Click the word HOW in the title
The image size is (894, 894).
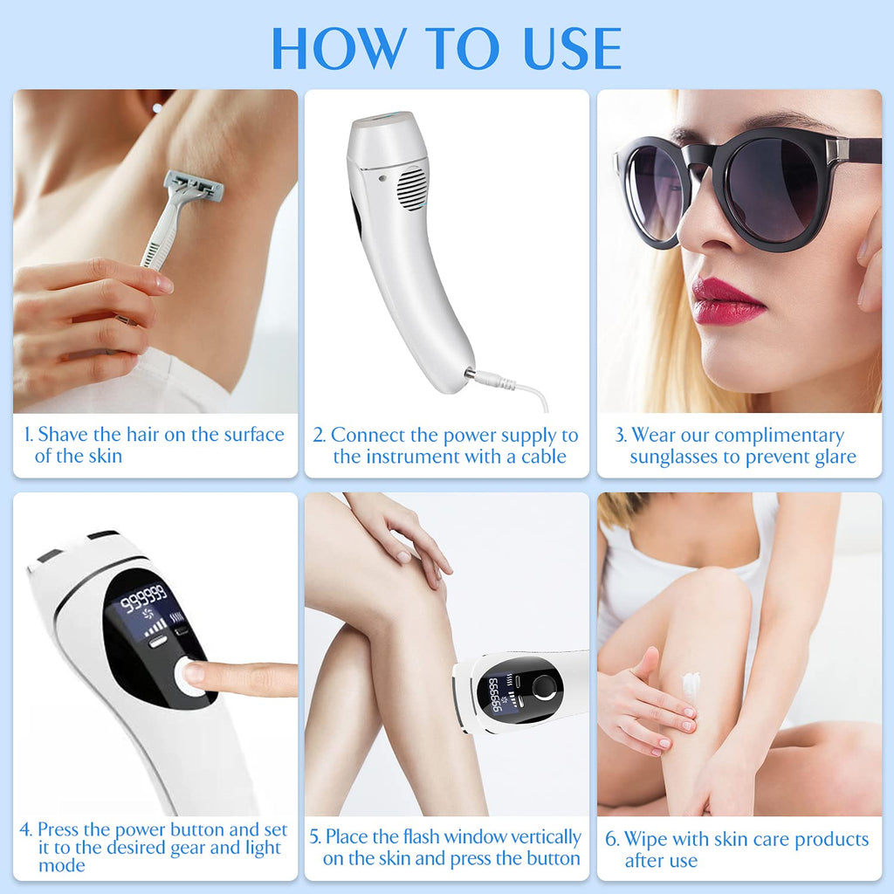coord(340,48)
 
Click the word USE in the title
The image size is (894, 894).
coord(572,48)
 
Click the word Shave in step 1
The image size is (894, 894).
coord(63,435)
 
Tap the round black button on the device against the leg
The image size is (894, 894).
coord(545,687)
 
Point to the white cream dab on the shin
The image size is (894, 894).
coord(691,684)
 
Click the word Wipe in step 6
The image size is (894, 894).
coord(646,839)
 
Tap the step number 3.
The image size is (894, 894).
coord(621,435)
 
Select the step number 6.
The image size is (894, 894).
coord(612,839)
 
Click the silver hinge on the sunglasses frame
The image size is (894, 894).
coord(836,149)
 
